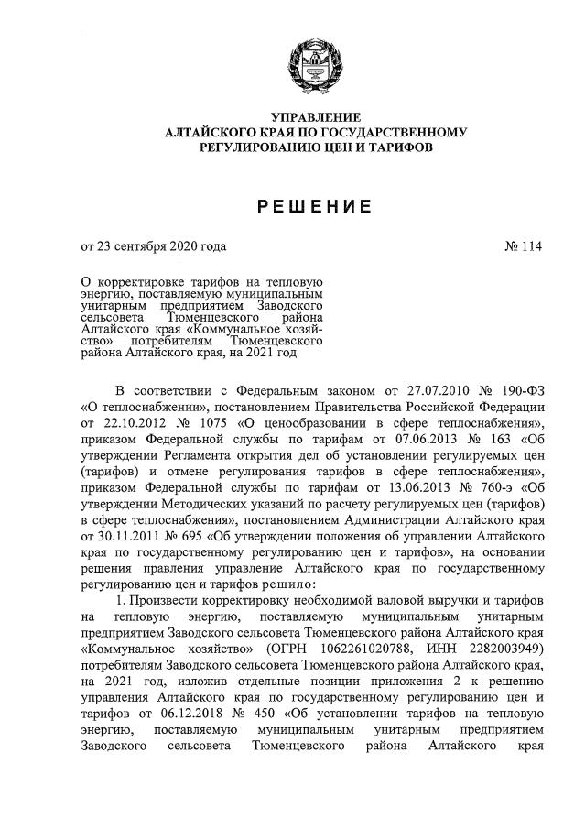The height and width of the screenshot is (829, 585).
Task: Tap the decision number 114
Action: pos(531,246)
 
